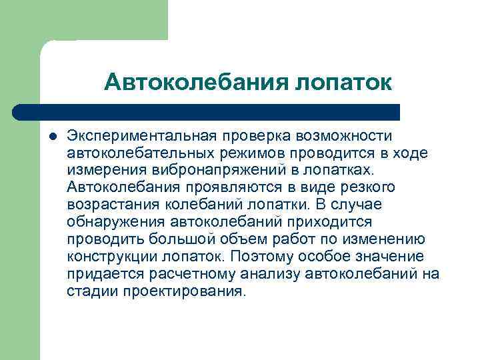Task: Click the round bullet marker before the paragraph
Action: pos(53,135)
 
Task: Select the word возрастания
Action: pos(108,205)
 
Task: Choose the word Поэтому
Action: pos(259,257)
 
